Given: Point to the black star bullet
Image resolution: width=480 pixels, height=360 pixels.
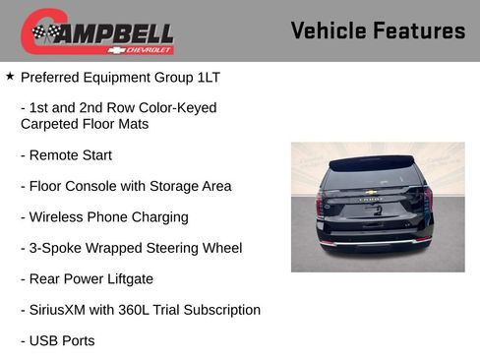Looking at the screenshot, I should pos(10,75).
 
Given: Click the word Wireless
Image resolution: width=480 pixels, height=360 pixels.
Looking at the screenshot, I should pos(60,217).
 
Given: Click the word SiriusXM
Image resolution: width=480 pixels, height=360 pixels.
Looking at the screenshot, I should pos(62,310).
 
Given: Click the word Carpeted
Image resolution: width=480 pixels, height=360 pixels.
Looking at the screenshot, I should pos(52,124).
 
